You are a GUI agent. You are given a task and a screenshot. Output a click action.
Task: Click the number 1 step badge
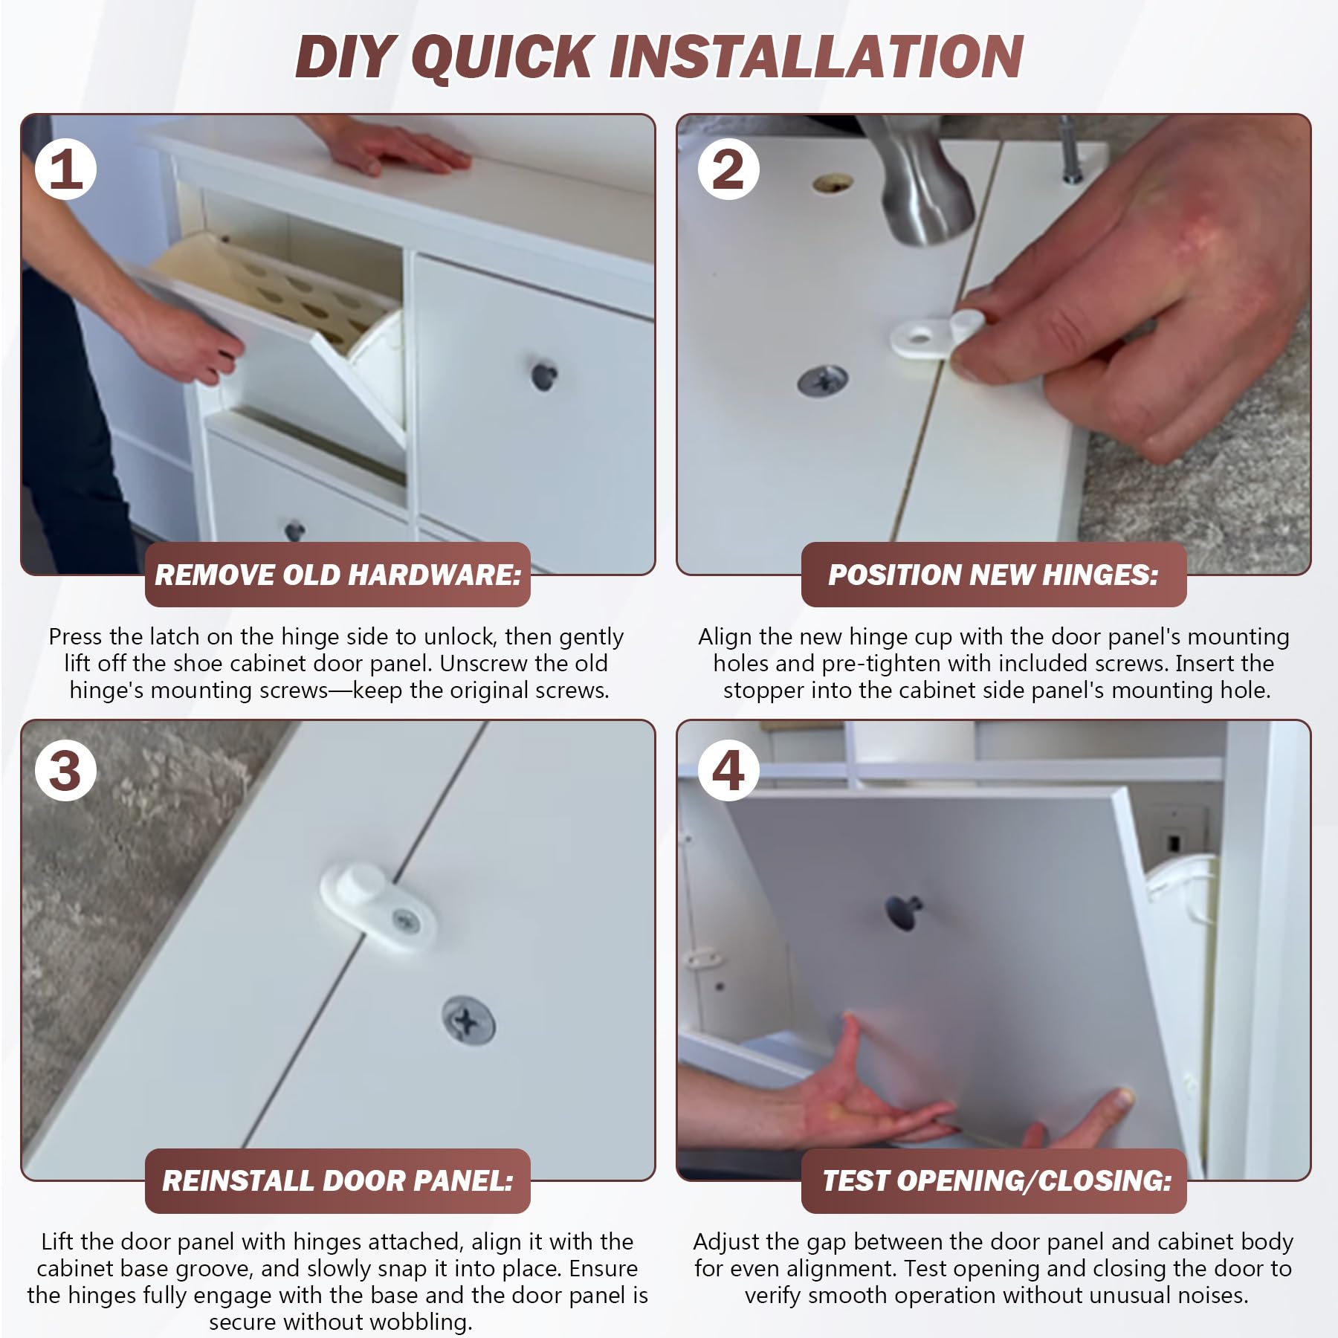point(65,169)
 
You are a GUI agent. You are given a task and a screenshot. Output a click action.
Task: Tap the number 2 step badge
point(728,169)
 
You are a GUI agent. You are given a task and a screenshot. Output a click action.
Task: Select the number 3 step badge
point(65,770)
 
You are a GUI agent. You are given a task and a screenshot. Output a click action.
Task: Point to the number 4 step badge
point(728,770)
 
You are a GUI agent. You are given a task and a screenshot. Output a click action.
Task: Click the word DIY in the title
point(344,56)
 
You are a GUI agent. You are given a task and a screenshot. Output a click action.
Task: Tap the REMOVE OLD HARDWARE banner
point(337,575)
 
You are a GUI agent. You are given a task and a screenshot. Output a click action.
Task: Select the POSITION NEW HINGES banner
point(993,575)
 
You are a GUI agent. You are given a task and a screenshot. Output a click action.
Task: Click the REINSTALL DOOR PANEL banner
point(337,1180)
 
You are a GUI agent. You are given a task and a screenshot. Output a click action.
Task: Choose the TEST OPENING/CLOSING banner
point(993,1180)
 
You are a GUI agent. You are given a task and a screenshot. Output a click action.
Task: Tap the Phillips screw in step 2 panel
point(822,381)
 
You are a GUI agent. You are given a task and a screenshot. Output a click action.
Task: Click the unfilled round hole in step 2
point(833,183)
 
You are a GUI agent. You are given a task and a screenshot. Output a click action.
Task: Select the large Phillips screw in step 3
point(468,1021)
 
